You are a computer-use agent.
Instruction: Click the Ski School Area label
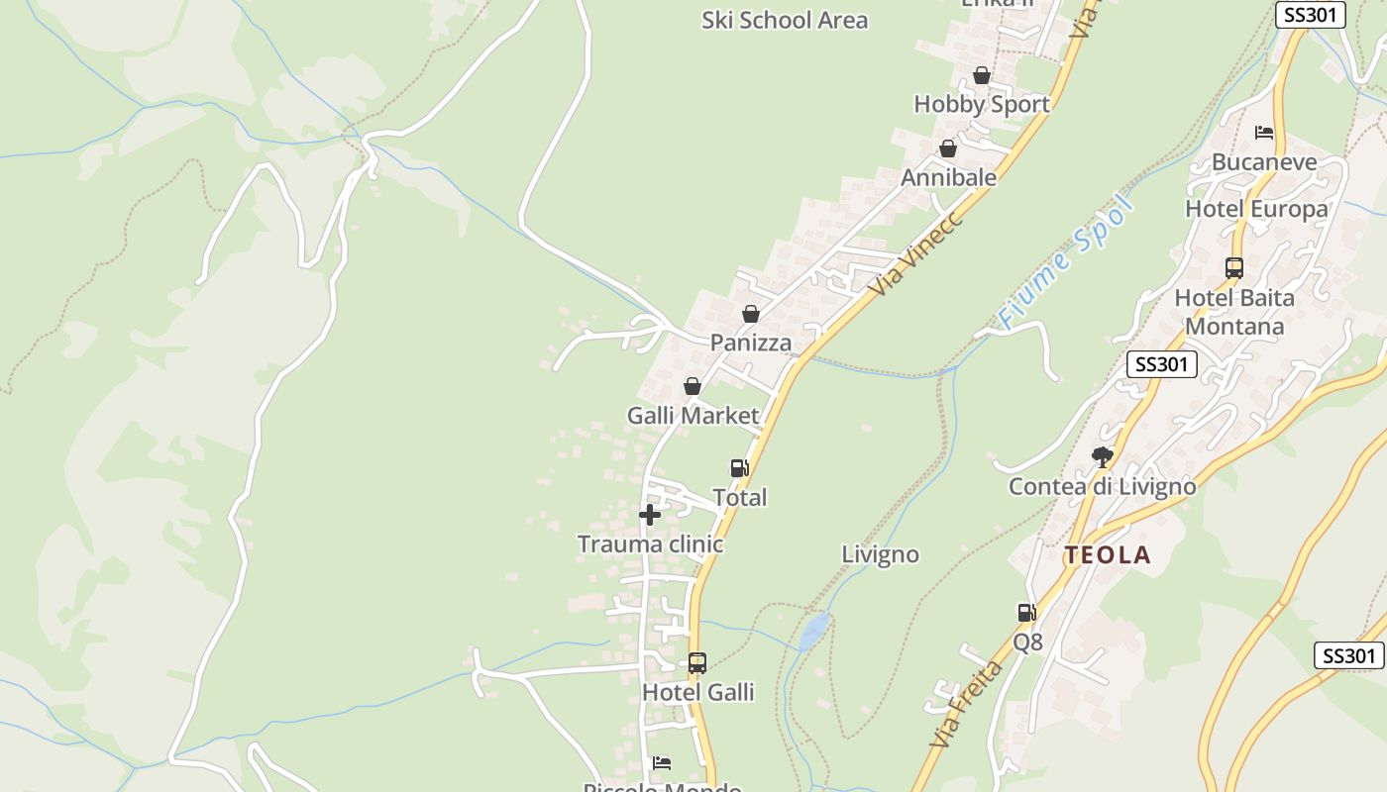coord(785,20)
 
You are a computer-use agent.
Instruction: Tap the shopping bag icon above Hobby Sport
coord(982,75)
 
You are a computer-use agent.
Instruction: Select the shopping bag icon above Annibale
coord(948,148)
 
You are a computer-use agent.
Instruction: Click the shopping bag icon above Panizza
coord(751,314)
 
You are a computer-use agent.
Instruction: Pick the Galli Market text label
coord(693,416)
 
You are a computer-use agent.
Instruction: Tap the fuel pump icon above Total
coord(739,468)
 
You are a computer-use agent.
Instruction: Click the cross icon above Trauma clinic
coord(650,515)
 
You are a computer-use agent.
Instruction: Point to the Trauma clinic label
coord(650,544)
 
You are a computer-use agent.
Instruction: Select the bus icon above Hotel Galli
coord(697,662)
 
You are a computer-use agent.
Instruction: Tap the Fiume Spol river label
coord(1064,263)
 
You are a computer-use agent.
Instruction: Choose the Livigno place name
coord(880,554)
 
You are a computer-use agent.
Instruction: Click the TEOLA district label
coord(1108,555)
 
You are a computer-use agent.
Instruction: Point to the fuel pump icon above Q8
coord(1027,613)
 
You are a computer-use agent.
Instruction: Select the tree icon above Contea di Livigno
coord(1102,456)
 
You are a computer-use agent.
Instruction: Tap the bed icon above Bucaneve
coord(1264,133)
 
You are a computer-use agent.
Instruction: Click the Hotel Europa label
coord(1256,209)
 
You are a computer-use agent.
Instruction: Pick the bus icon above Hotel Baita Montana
coord(1234,267)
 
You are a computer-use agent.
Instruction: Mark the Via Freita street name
coord(966,704)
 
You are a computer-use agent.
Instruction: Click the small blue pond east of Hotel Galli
coord(814,631)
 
